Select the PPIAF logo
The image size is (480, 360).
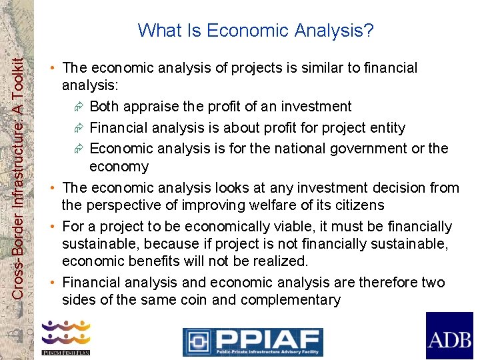(x=253, y=341)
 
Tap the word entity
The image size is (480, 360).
(x=385, y=127)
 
